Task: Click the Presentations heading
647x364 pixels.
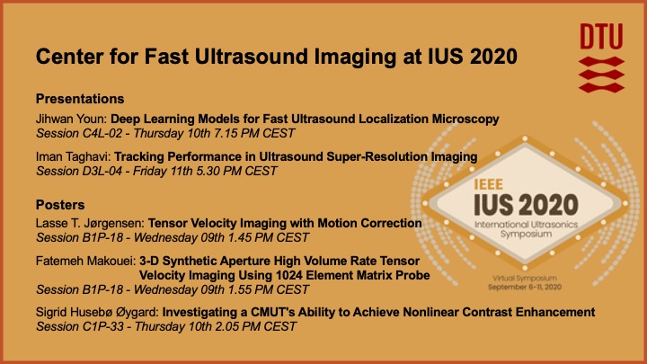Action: pos(79,97)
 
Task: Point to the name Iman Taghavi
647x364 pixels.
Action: pos(69,157)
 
